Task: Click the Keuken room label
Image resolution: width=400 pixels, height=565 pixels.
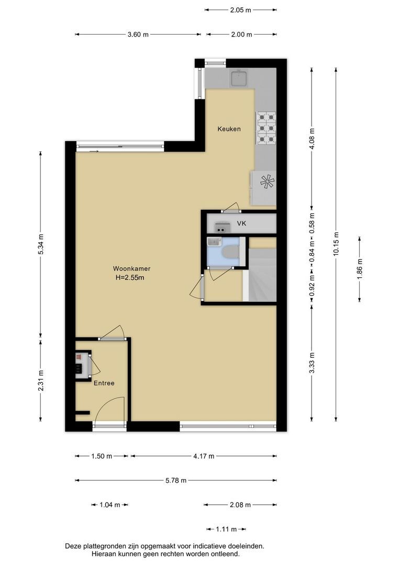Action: pyautogui.click(x=229, y=129)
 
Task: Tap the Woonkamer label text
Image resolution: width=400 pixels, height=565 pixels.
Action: pyautogui.click(x=131, y=268)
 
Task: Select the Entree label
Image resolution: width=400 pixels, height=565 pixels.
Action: pyautogui.click(x=104, y=383)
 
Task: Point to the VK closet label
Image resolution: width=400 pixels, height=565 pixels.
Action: pyautogui.click(x=241, y=223)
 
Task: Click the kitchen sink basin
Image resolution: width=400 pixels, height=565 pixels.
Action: pyautogui.click(x=239, y=78)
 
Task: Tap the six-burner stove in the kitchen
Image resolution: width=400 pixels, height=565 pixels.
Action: pyautogui.click(x=266, y=128)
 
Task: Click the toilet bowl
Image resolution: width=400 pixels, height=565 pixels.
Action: pyautogui.click(x=230, y=252)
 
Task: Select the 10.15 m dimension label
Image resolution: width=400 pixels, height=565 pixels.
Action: pyautogui.click(x=336, y=244)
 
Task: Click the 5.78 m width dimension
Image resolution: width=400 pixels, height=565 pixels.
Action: pyautogui.click(x=176, y=480)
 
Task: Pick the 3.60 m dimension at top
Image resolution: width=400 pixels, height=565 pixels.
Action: pyautogui.click(x=138, y=35)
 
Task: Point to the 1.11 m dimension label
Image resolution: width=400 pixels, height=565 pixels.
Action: pyautogui.click(x=226, y=529)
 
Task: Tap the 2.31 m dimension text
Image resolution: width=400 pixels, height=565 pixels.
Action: pyautogui.click(x=41, y=380)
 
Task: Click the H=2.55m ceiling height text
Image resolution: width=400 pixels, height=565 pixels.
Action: pyautogui.click(x=130, y=277)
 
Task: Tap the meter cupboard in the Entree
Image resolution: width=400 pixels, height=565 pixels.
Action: pyautogui.click(x=83, y=365)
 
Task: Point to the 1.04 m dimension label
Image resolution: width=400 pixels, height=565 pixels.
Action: pyautogui.click(x=109, y=505)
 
